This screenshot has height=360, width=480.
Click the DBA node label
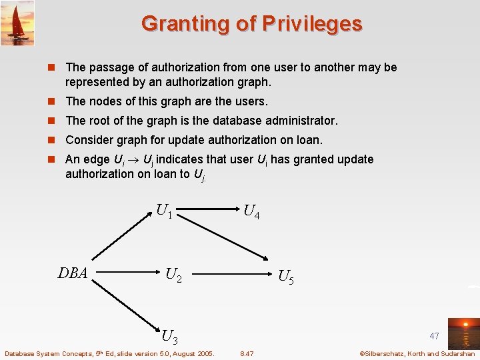pyautogui.click(x=73, y=273)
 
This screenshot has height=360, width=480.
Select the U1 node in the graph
pyautogui.click(x=164, y=212)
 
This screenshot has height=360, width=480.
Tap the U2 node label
pyautogui.click(x=173, y=275)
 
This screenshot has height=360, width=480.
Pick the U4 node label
pyautogui.click(x=251, y=212)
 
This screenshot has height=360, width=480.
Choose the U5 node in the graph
pyautogui.click(x=285, y=276)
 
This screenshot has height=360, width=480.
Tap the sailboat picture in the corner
pyautogui.click(x=17, y=23)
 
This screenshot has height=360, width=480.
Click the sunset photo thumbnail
pyautogui.click(x=463, y=333)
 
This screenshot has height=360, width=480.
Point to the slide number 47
pyautogui.click(x=434, y=336)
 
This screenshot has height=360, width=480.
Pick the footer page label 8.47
pyautogui.click(x=247, y=353)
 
